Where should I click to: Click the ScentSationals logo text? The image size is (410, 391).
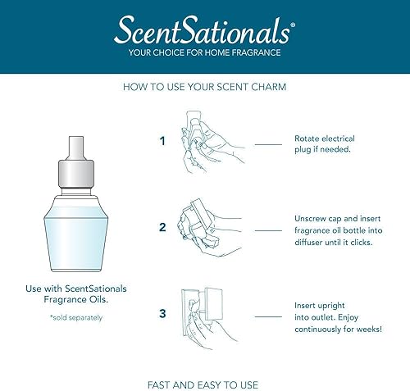coord(204,32)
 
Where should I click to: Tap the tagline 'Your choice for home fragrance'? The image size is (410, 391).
coord(205,53)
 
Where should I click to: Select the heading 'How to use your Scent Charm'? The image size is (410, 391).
coord(205,85)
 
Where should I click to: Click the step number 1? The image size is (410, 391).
coord(162,140)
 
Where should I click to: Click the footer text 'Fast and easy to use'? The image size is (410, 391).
coord(205,361)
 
